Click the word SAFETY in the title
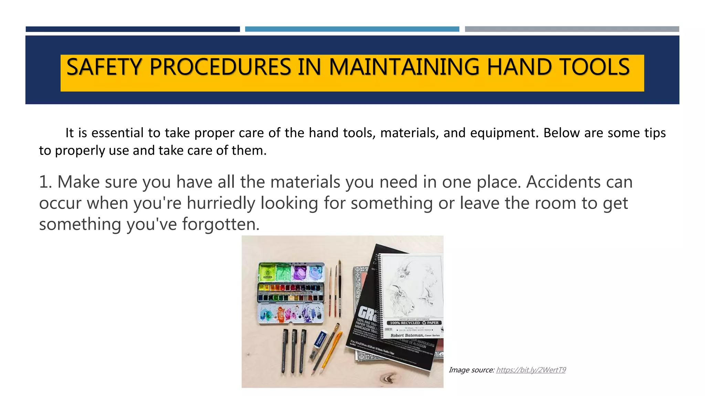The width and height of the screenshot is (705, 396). (x=104, y=67)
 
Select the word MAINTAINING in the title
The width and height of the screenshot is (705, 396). (x=404, y=67)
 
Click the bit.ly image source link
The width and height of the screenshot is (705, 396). (x=531, y=370)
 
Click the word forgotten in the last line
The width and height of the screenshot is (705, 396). (x=220, y=224)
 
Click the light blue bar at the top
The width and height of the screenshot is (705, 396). (x=352, y=29)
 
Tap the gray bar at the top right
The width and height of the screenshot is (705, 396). (x=571, y=29)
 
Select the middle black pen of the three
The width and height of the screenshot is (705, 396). (x=294, y=351)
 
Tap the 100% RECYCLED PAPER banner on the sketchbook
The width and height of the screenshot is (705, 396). (x=414, y=323)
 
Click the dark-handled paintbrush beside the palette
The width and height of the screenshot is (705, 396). (x=339, y=289)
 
